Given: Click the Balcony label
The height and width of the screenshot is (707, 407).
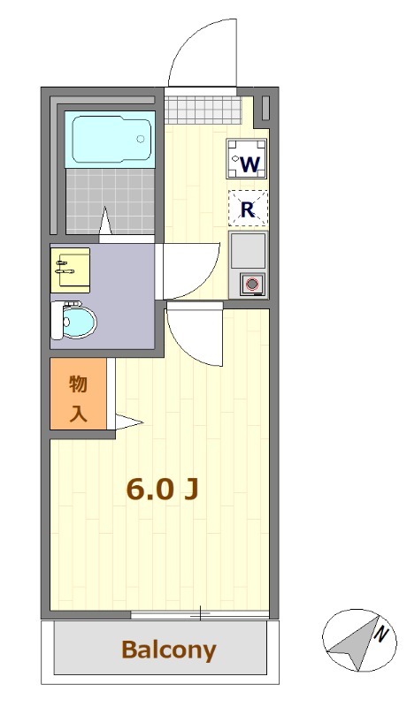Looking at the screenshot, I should tap(168, 651).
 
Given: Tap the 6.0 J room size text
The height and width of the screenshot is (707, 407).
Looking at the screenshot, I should tap(162, 489).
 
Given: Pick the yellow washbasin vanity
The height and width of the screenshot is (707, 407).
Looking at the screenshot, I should tap(70, 269).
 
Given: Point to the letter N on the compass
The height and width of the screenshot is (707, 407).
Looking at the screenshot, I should tap(380, 633).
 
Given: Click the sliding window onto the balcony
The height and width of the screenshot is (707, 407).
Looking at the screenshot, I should tap(200, 613).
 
